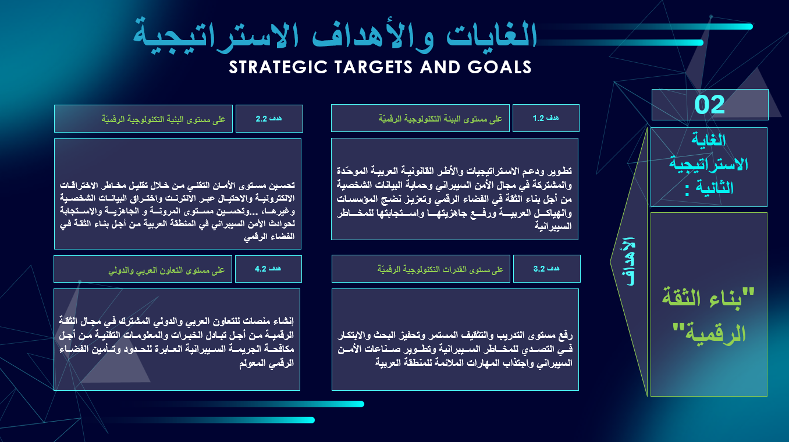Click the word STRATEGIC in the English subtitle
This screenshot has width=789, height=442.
click(278, 67)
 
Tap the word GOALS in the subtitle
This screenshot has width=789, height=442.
click(499, 67)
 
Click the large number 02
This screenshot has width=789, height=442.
click(709, 105)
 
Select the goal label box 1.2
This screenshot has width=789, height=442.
click(546, 118)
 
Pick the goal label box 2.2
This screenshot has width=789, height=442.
click(269, 119)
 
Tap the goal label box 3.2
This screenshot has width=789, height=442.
click(547, 269)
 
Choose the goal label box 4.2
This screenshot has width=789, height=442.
click(268, 269)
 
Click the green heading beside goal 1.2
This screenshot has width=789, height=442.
click(440, 119)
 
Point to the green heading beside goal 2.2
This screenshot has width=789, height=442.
click(164, 119)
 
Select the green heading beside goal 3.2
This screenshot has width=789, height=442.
click(440, 270)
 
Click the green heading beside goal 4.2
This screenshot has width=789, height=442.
click(166, 270)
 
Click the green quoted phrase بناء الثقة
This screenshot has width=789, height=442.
click(708, 298)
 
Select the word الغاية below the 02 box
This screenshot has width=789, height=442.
click(709, 140)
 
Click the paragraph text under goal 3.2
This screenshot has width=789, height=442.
click(455, 349)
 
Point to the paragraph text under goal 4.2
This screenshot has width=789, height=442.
click(176, 341)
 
